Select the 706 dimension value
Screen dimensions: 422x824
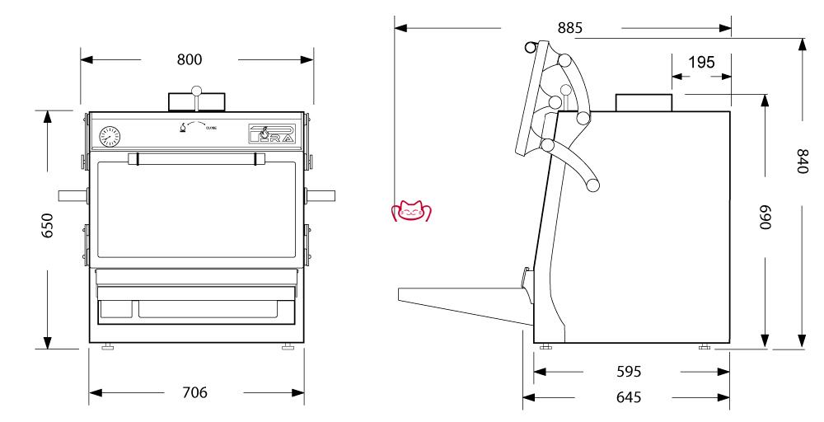coord(194,392)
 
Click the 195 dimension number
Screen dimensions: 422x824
coord(702,63)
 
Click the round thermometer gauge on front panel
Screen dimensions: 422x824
coord(109,136)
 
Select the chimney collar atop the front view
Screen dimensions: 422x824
coord(197,102)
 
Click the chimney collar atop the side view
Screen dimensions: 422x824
coord(644,102)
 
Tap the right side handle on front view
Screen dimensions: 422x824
coord(321,195)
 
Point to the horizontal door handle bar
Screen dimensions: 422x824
coord(197,157)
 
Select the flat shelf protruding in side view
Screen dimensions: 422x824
coord(461,302)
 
